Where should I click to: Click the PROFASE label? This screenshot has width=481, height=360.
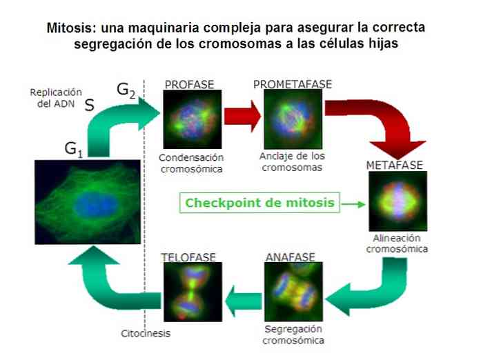[189, 85]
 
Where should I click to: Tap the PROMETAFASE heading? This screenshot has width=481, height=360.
[293, 84]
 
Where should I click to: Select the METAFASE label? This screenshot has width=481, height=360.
[395, 166]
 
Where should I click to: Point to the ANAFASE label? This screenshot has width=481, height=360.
[291, 257]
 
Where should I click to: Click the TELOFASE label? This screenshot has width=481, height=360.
[188, 257]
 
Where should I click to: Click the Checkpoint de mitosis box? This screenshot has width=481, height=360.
[259, 203]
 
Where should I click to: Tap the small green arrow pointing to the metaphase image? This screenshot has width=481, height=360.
[353, 204]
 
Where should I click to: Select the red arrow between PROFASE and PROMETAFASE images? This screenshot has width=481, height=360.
[242, 117]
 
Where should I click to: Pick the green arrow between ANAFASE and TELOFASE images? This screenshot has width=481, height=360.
[244, 301]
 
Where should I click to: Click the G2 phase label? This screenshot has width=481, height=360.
[126, 90]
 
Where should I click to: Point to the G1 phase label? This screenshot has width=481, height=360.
[74, 150]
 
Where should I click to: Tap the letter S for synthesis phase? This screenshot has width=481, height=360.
[89, 106]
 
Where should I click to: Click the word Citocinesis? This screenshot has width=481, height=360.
[146, 333]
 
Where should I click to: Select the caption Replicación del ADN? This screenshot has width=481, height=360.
[56, 98]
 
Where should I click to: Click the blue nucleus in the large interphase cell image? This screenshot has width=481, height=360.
[96, 203]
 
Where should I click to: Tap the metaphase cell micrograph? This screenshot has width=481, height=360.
[398, 201]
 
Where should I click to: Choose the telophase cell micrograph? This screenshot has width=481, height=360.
[193, 292]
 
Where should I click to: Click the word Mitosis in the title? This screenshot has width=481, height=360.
[69, 28]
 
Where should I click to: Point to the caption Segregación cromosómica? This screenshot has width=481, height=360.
[293, 334]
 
